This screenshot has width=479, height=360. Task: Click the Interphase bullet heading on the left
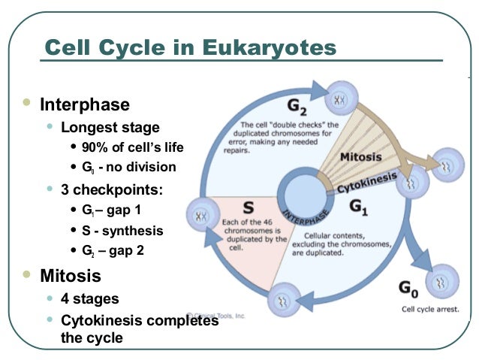(84, 104)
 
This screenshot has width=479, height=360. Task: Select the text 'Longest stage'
(110, 128)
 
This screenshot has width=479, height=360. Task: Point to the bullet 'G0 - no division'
(128, 166)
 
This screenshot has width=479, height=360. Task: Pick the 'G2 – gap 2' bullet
(113, 250)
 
